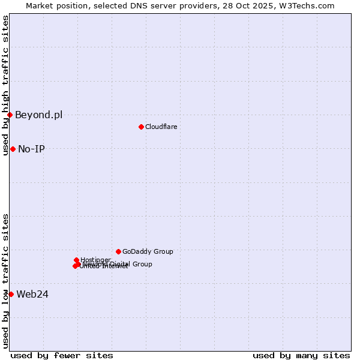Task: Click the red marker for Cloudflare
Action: pyautogui.click(x=141, y=127)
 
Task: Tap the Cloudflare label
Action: pyautogui.click(x=161, y=127)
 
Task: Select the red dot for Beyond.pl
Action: pyautogui.click(x=10, y=115)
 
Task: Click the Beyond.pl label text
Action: pyautogui.click(x=38, y=115)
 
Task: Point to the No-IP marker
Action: pyautogui.click(x=13, y=149)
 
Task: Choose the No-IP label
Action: pyautogui.click(x=31, y=149)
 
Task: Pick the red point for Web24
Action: pyautogui.click(x=11, y=294)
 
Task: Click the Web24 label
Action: pyautogui.click(x=32, y=294)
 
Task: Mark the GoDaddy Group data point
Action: pyautogui.click(x=118, y=251)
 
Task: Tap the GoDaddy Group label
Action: pyautogui.click(x=148, y=251)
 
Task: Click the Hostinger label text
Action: pyautogui.click(x=95, y=260)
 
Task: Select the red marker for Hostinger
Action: pyautogui.click(x=76, y=260)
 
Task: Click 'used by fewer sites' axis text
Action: pyautogui.click(x=62, y=355)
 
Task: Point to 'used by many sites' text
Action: pyautogui.click(x=301, y=355)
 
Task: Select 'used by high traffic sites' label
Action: pyautogui.click(x=5, y=85)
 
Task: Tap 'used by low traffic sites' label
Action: pyautogui.click(x=5, y=281)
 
